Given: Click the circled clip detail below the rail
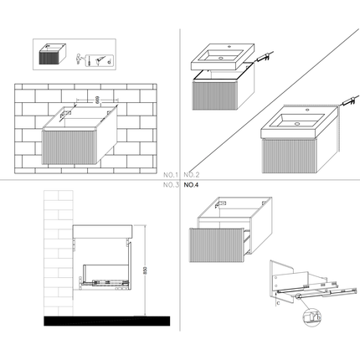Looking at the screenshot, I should (x=311, y=317).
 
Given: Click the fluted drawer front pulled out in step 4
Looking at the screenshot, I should (x=219, y=242).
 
